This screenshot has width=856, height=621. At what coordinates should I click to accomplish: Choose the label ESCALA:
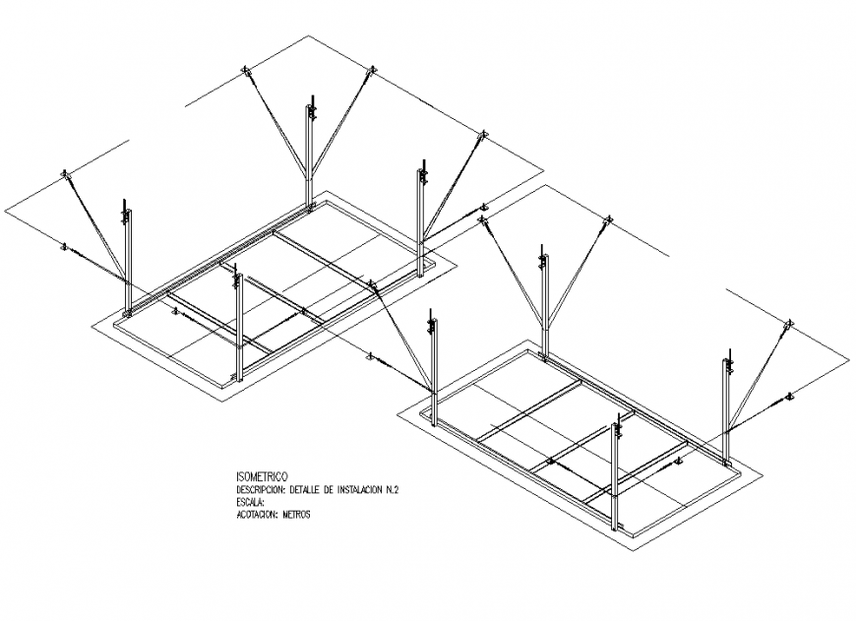pos(251,502)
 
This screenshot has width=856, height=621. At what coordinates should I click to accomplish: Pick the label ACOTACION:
pos(258,515)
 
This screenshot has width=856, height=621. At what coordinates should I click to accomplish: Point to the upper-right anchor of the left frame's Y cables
pos(372,70)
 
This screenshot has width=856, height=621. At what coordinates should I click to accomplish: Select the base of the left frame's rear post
pos(310,207)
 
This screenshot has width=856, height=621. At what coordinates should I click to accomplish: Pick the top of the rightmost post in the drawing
pos(729,351)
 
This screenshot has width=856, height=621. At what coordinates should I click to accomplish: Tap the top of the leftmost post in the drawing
pos(125,203)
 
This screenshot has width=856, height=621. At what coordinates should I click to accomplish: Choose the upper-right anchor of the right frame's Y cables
pos(608,219)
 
